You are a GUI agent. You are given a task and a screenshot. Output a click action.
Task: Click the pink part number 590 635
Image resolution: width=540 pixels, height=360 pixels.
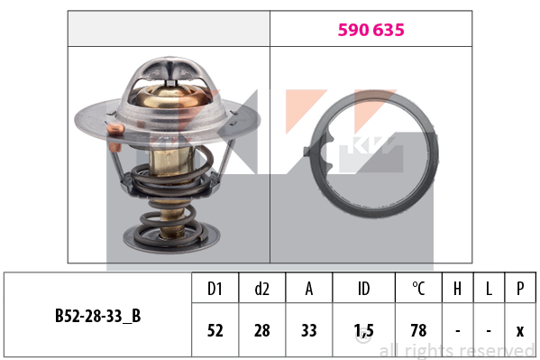click(x=371, y=30)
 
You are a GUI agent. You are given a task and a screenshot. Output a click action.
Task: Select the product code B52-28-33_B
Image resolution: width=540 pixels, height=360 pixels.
click(x=97, y=316)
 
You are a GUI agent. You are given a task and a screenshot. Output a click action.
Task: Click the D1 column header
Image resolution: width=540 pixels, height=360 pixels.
click(x=215, y=289)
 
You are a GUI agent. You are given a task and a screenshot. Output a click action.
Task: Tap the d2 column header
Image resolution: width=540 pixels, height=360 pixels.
click(x=261, y=289)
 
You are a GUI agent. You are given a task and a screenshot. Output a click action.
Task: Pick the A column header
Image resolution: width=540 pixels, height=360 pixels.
click(x=309, y=289)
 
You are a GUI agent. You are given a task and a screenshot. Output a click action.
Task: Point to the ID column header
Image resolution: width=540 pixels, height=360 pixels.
click(x=363, y=289)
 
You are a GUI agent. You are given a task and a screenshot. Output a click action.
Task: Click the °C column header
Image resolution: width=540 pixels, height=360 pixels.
click(x=418, y=289)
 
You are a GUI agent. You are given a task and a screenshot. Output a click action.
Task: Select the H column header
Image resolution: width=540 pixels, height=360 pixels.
click(x=457, y=289)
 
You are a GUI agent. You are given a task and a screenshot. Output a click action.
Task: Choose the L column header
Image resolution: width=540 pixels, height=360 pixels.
click(x=489, y=289)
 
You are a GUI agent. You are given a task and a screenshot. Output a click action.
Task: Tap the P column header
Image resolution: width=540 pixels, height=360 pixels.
click(x=520, y=289)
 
